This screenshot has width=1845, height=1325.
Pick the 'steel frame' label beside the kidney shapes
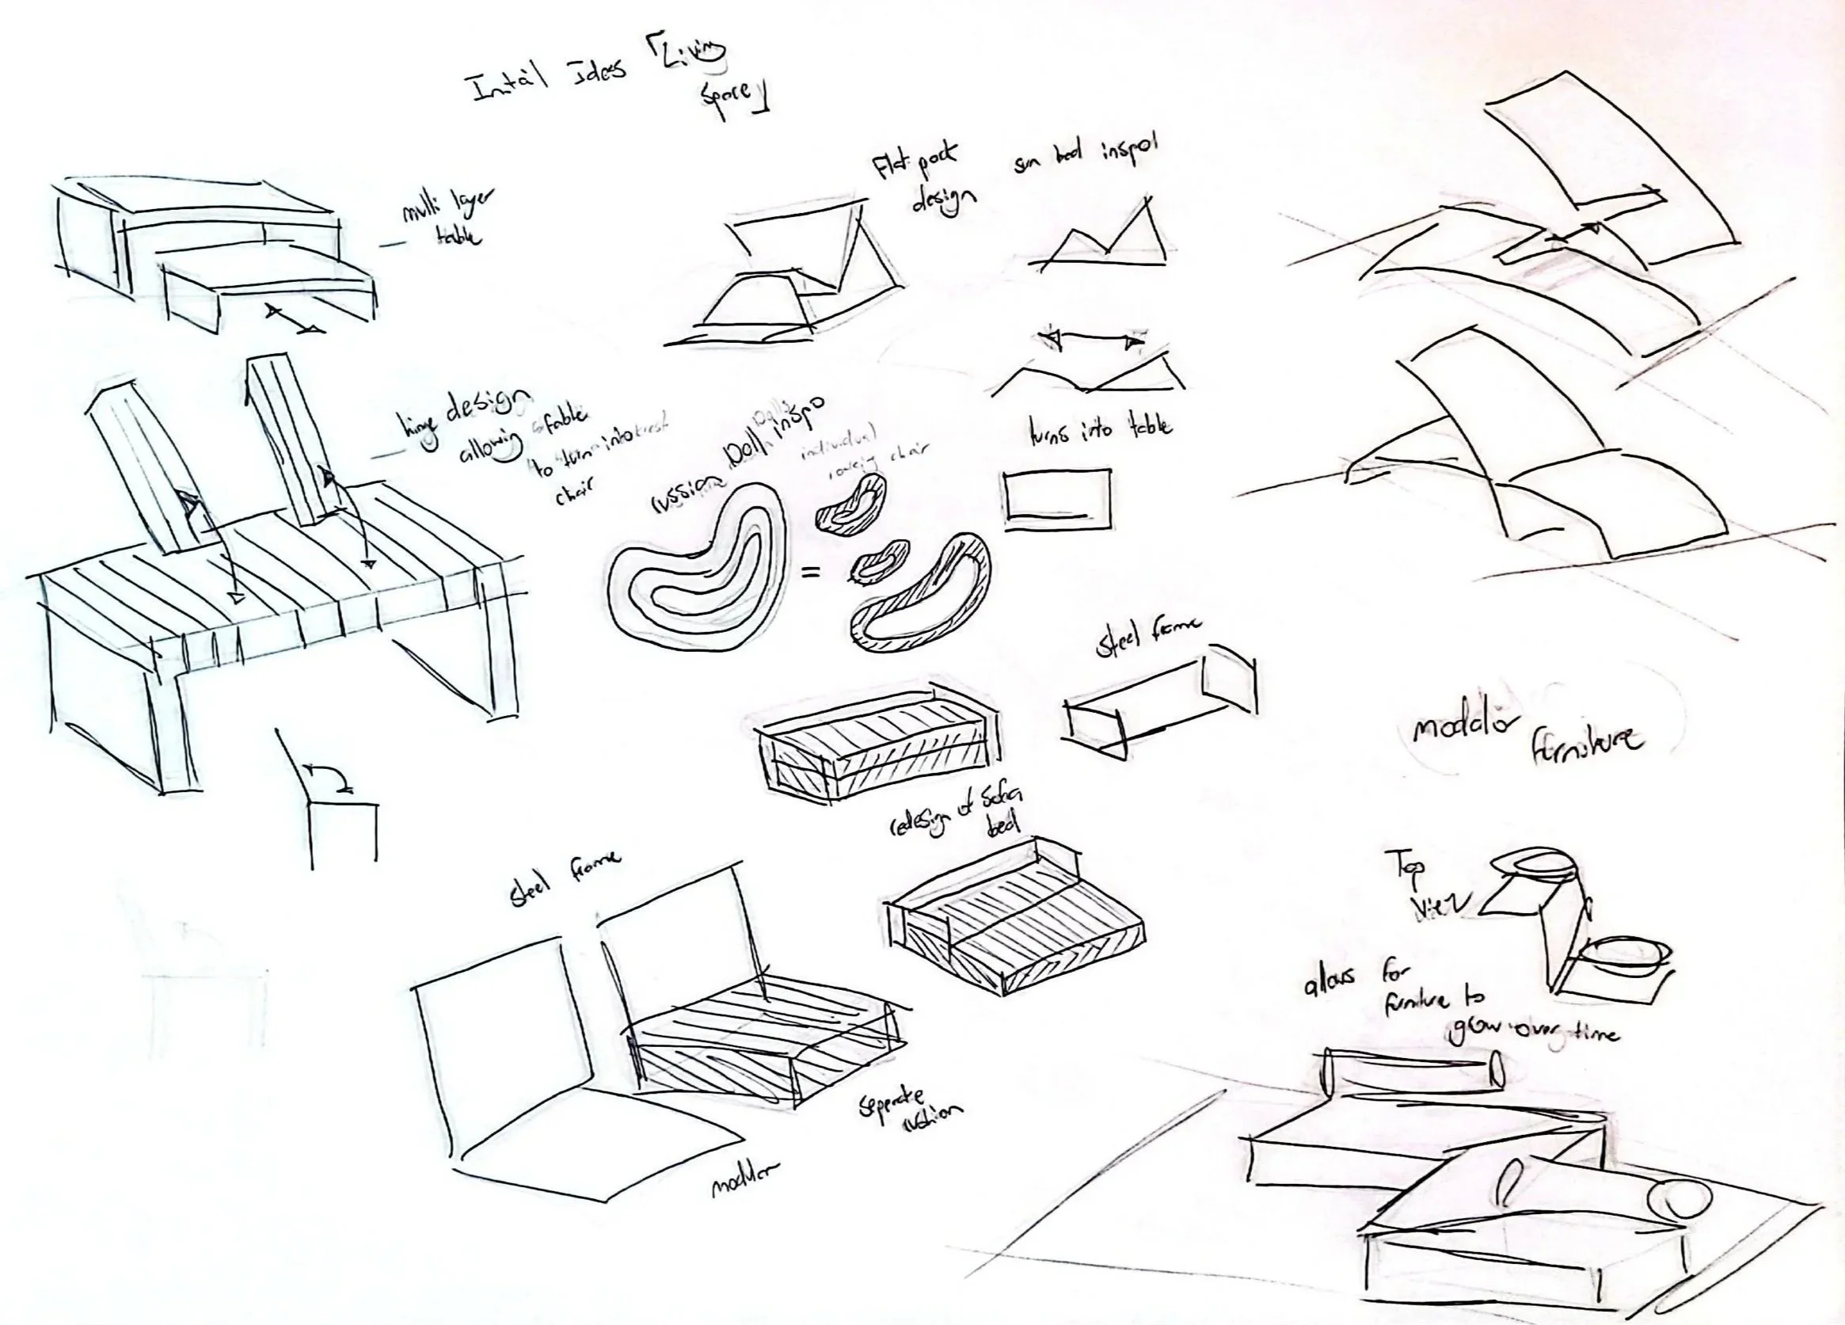[x=1147, y=640]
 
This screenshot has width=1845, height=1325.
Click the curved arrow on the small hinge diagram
[x=329, y=775]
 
